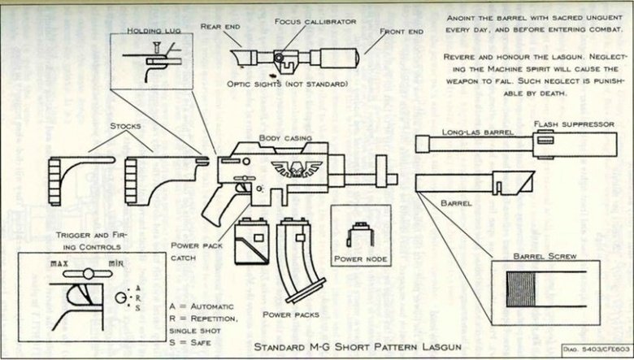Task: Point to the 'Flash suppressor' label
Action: point(574,124)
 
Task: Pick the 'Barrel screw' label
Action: point(545,257)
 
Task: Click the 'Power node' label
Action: point(360,260)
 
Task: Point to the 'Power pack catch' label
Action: point(193,250)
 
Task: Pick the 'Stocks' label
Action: point(126,127)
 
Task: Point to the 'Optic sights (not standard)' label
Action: point(289,85)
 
